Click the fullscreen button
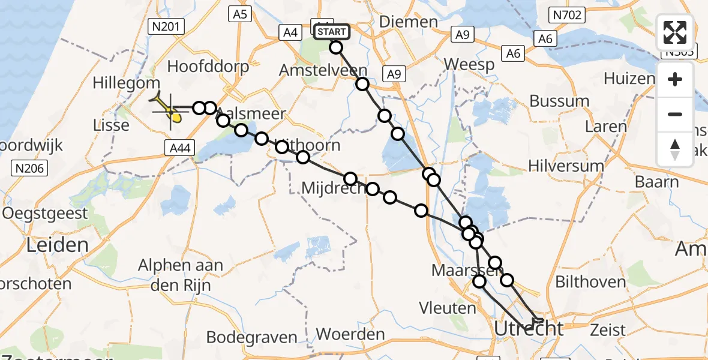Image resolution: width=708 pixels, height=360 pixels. [675, 32]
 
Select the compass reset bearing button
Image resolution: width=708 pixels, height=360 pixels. [675, 149]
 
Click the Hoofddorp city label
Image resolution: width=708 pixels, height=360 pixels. [209, 66]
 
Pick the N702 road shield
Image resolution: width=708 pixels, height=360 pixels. [566, 15]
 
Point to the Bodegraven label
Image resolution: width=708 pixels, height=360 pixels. [252, 337]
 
